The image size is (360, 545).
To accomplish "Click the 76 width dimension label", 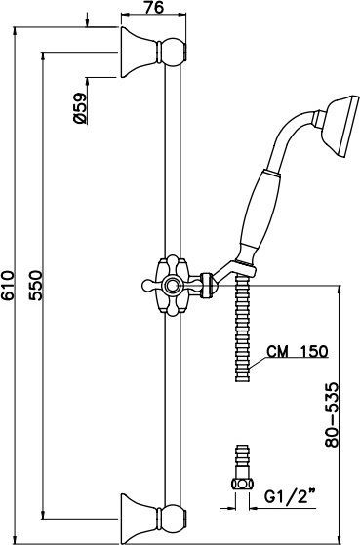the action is (154, 7).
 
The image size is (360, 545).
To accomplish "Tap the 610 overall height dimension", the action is (7, 286).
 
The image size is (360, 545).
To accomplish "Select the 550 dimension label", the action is (35, 286).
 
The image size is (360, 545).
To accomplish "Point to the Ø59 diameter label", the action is (80, 108).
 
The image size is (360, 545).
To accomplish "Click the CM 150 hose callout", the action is (298, 351).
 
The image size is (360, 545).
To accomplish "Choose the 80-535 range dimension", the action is (331, 414).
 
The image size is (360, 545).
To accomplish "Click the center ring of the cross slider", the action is (171, 286).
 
